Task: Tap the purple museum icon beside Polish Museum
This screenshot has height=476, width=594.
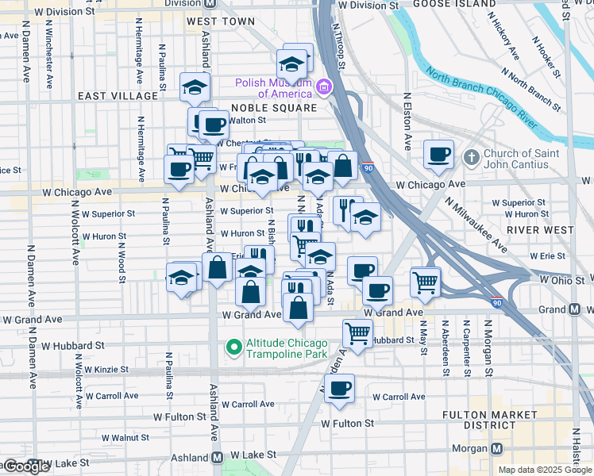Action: (323, 86)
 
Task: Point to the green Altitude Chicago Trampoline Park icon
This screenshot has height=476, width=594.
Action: (233, 347)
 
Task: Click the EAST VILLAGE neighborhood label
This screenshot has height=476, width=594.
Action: (118, 96)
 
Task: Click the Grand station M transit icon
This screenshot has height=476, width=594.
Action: (574, 309)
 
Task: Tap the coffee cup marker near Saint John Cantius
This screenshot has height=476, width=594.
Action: (438, 155)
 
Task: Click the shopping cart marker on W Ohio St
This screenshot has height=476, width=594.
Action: (426, 282)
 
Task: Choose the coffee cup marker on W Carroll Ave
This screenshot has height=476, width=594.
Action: (339, 389)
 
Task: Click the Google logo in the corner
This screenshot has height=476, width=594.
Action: (26, 466)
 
